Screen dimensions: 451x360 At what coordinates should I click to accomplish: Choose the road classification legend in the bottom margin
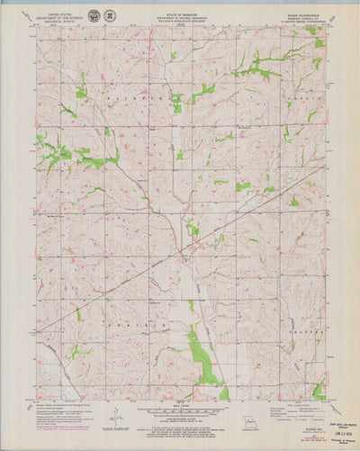click(x=297, y=410)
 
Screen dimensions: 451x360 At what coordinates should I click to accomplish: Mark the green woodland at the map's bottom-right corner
click(x=319, y=391)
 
